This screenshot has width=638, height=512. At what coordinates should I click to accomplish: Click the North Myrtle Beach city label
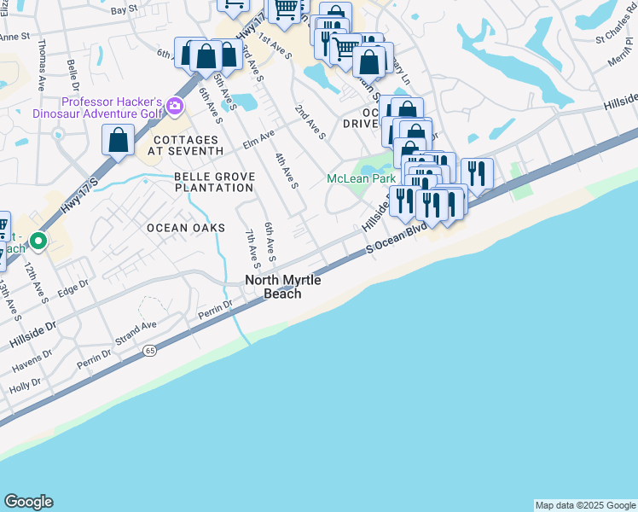(273, 287)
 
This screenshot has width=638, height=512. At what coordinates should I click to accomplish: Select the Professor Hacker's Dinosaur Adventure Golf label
(99, 107)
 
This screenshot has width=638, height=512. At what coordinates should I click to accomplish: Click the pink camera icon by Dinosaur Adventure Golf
(176, 107)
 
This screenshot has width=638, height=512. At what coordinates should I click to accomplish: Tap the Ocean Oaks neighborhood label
(185, 228)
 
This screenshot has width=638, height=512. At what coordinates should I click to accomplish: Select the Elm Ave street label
(258, 136)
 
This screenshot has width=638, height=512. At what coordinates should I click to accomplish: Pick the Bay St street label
(124, 9)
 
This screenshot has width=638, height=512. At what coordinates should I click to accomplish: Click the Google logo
(28, 502)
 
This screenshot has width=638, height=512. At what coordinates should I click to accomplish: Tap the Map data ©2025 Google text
(584, 505)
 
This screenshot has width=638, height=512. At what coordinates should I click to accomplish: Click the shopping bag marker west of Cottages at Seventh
(119, 139)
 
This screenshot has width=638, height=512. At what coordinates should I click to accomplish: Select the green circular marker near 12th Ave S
(38, 241)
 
